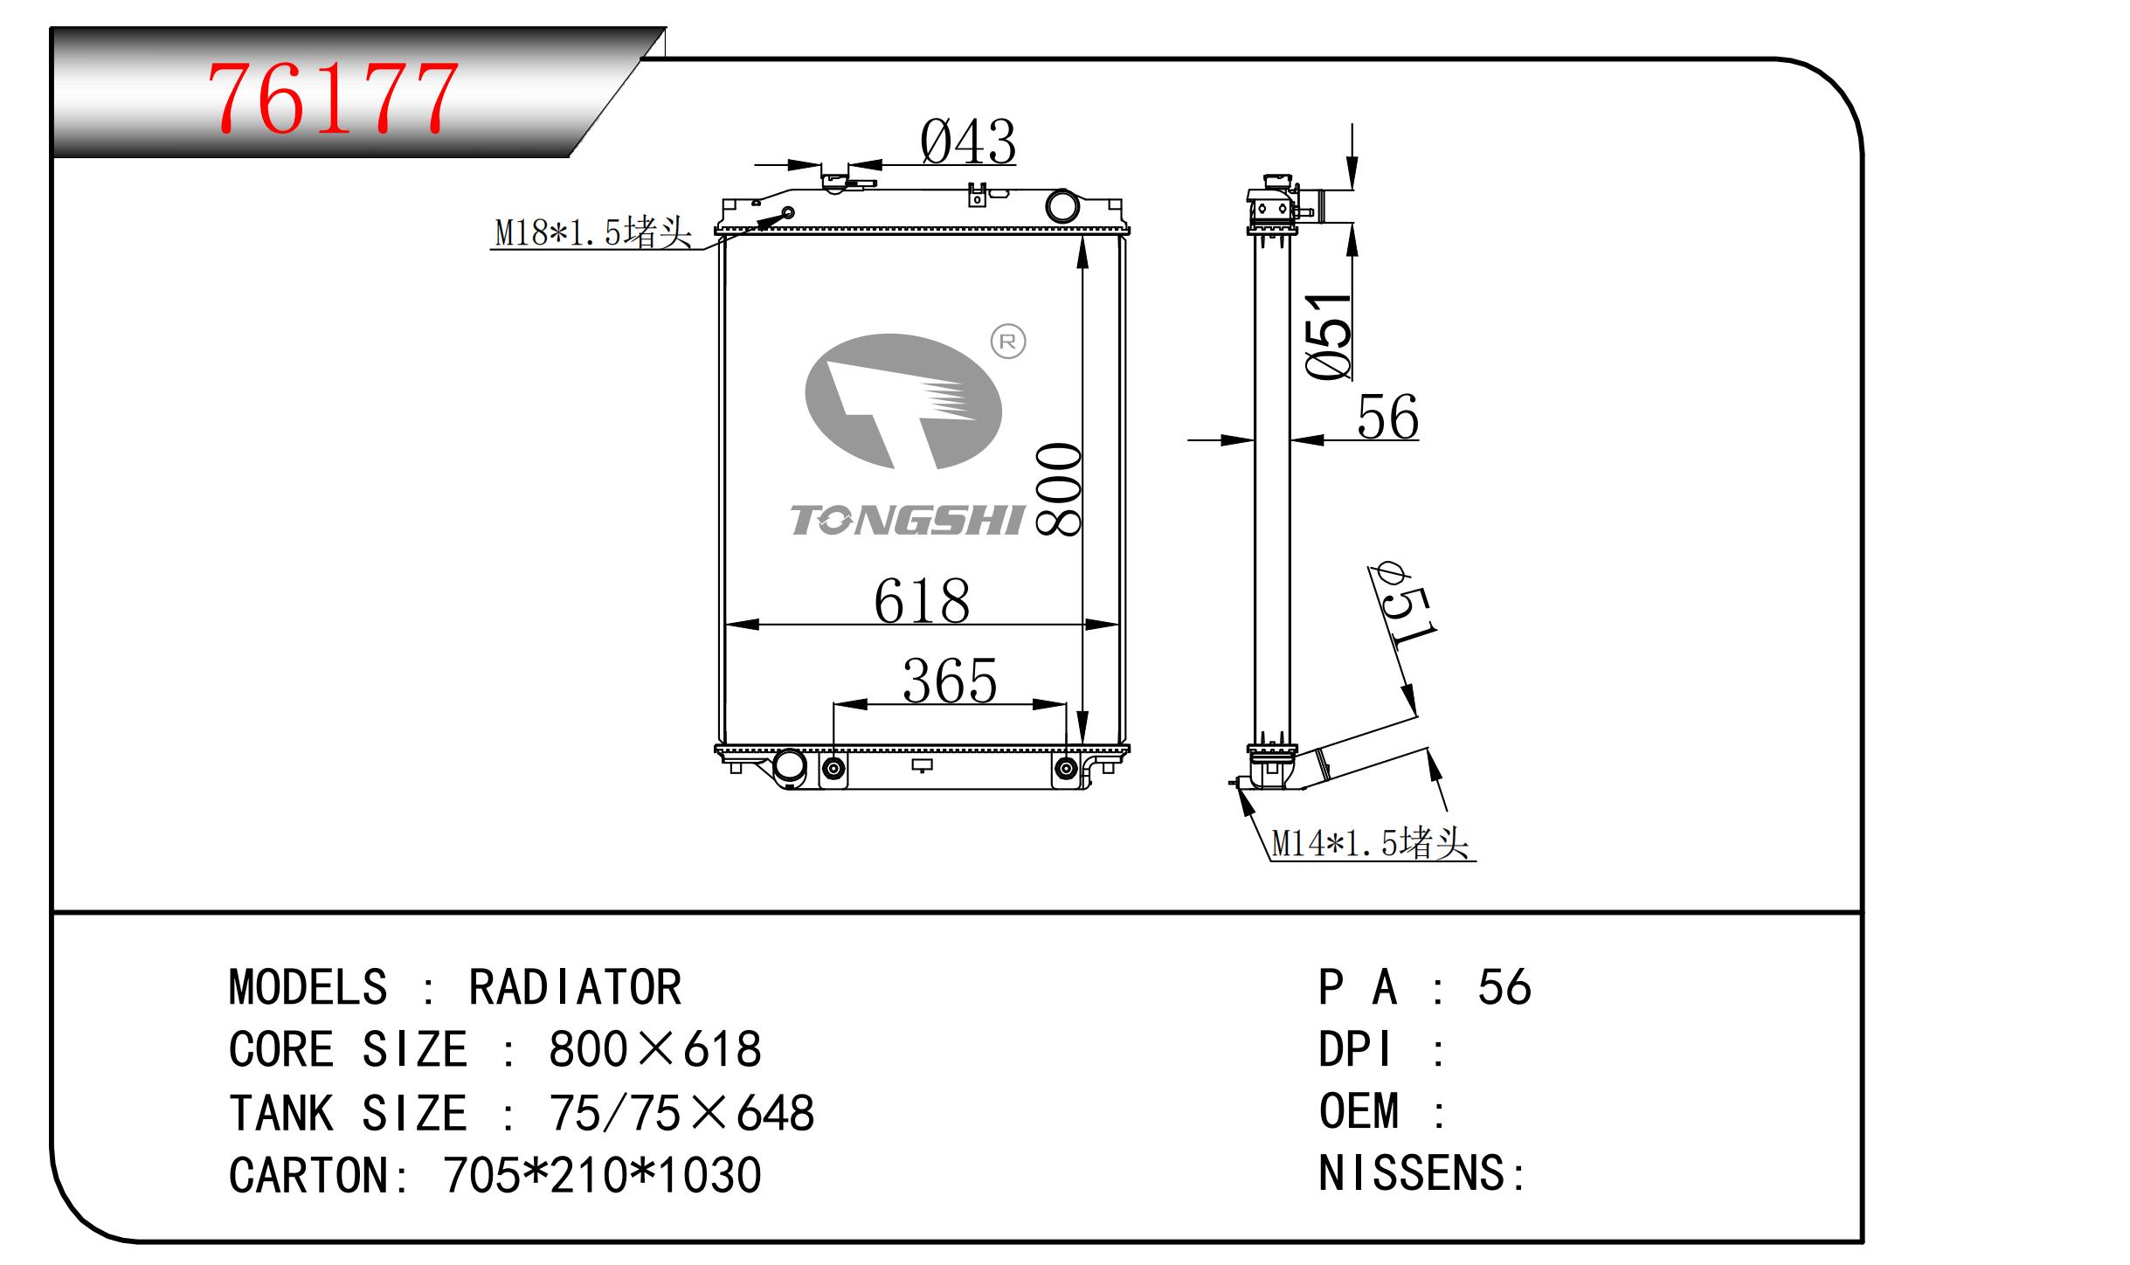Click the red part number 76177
tap(332, 98)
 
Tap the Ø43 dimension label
tap(968, 142)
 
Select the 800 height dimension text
tap(1058, 489)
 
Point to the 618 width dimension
tap(922, 602)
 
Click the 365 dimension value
tap(950, 681)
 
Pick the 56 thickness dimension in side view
tap(1387, 418)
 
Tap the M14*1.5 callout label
tap(1370, 843)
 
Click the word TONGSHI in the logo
tap(907, 521)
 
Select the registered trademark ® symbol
tap(1008, 342)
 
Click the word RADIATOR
tap(575, 988)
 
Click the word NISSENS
tap(1411, 1173)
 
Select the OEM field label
tap(1359, 1112)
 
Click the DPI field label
tap(1354, 1049)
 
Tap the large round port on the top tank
tap(1062, 206)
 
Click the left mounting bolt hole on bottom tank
tap(833, 769)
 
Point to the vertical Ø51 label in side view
tap(1329, 336)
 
